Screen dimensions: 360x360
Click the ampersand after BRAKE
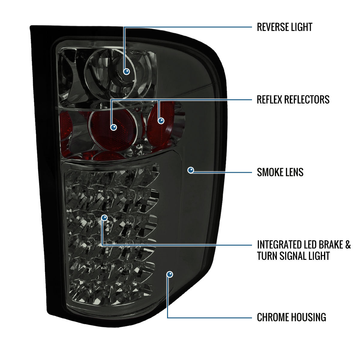point(348,245)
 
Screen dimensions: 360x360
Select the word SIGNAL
point(290,256)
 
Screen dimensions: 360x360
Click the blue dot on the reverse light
point(127,71)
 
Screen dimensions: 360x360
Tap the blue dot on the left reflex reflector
point(114,127)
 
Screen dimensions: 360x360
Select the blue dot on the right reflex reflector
point(161,121)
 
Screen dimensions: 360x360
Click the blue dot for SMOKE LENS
point(191,170)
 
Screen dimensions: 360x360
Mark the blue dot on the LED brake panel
point(104,217)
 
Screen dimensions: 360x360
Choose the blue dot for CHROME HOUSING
point(169,274)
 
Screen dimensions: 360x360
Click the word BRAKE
point(331,245)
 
